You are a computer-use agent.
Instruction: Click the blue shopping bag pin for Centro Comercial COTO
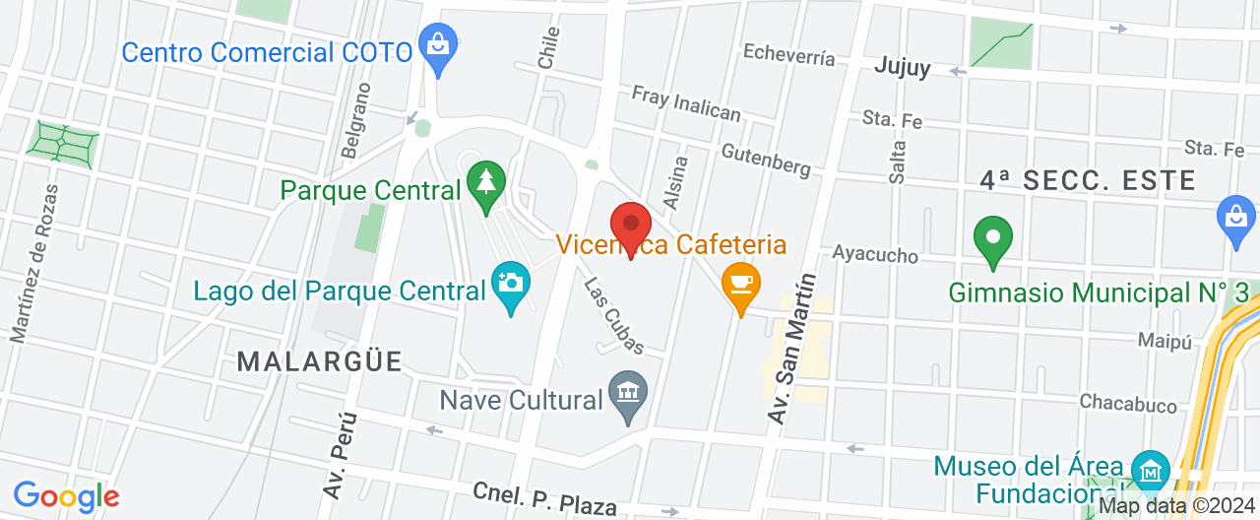pos(435,45)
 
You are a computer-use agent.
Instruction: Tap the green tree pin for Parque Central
pos(484,183)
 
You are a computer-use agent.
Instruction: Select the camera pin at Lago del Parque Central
pos(510,285)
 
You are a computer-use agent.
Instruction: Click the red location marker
pos(631,226)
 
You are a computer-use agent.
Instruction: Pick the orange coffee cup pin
pos(740,284)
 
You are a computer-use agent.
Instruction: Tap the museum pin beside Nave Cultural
pos(628,394)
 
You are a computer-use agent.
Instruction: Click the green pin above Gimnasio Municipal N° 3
pos(993,238)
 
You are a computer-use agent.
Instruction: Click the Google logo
pos(66,496)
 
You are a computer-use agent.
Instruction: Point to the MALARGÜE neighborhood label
pos(320,361)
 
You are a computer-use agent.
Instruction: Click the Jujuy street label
pos(903,68)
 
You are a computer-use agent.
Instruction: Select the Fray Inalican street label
pos(686,103)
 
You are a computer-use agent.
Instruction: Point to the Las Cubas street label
pos(614,315)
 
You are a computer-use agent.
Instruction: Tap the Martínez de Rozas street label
pos(34,264)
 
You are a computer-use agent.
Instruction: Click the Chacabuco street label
pos(1128,403)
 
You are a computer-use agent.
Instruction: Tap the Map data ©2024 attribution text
pos(1177,506)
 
